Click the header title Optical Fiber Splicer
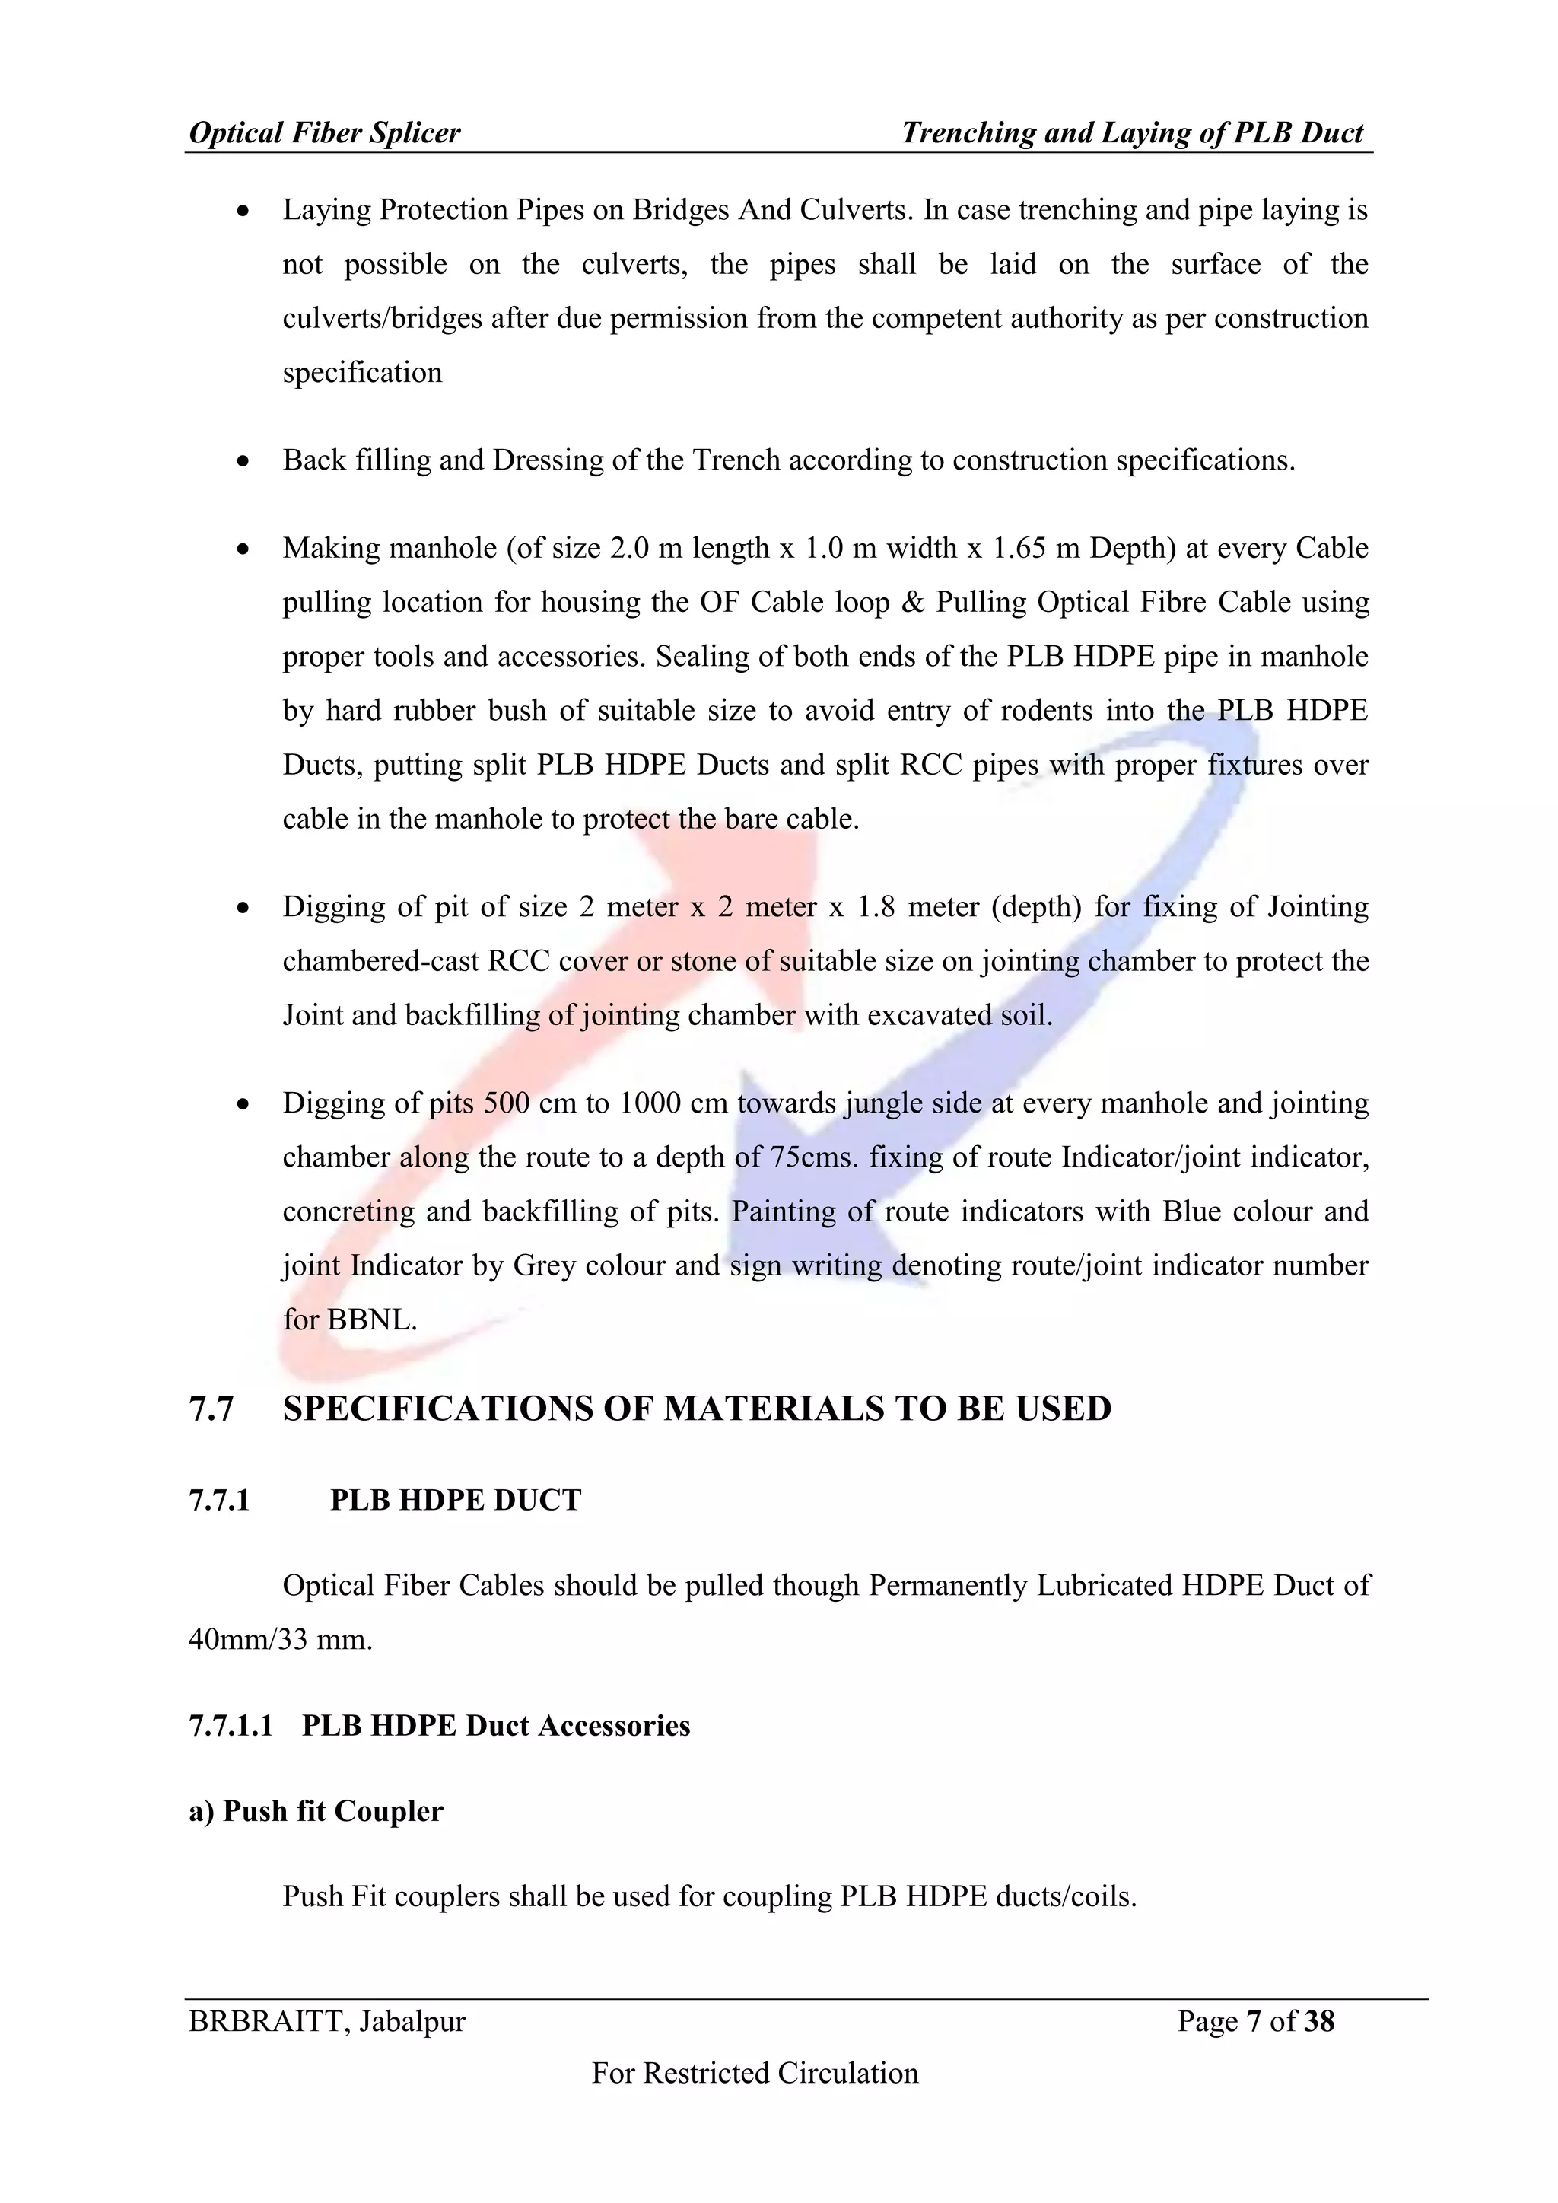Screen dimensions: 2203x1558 (324, 132)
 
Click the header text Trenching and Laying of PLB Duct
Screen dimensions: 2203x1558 (1132, 132)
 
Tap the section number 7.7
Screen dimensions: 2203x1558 (211, 1409)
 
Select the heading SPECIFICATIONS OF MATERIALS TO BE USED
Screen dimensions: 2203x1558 (697, 1409)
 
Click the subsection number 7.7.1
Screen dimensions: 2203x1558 (220, 1500)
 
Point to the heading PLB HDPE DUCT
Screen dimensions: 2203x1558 (456, 1500)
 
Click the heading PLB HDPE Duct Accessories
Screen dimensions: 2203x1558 (496, 1725)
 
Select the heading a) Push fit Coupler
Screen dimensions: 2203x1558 (316, 1810)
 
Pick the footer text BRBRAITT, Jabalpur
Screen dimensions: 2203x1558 (327, 2022)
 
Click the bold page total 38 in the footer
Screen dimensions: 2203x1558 (1319, 2022)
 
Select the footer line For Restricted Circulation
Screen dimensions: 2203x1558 (755, 2073)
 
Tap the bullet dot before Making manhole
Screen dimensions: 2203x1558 (245, 549)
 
